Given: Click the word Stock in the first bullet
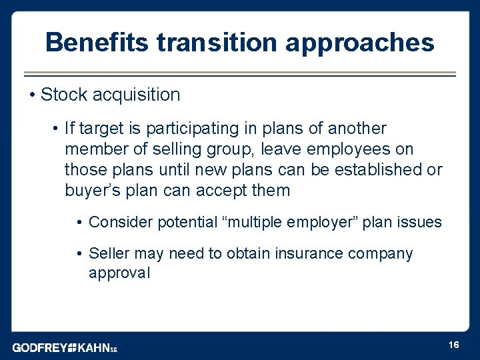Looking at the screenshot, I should [x=63, y=95].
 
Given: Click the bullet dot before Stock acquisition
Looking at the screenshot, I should [x=33, y=95].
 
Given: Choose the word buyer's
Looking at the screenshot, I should [x=91, y=191].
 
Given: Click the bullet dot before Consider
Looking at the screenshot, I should [x=80, y=222].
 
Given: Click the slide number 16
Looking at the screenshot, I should [x=454, y=344].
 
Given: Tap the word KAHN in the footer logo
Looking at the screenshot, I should [x=93, y=347].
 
